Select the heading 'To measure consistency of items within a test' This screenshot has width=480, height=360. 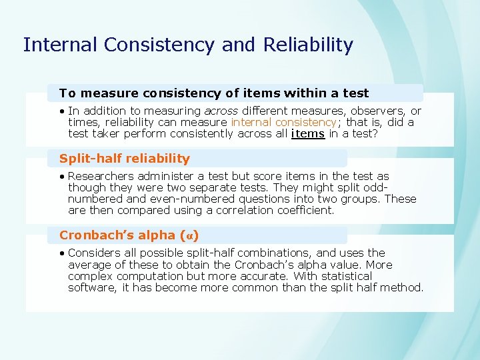(x=214, y=93)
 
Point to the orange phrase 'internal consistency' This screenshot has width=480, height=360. (x=283, y=123)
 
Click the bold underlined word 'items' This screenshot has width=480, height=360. (x=308, y=134)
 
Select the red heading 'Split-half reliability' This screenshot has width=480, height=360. (x=125, y=159)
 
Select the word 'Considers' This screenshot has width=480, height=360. (x=93, y=253)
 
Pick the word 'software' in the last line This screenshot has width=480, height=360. (x=92, y=287)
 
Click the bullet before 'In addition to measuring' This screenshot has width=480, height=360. (x=61, y=111)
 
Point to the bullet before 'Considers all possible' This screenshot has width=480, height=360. (x=61, y=253)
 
